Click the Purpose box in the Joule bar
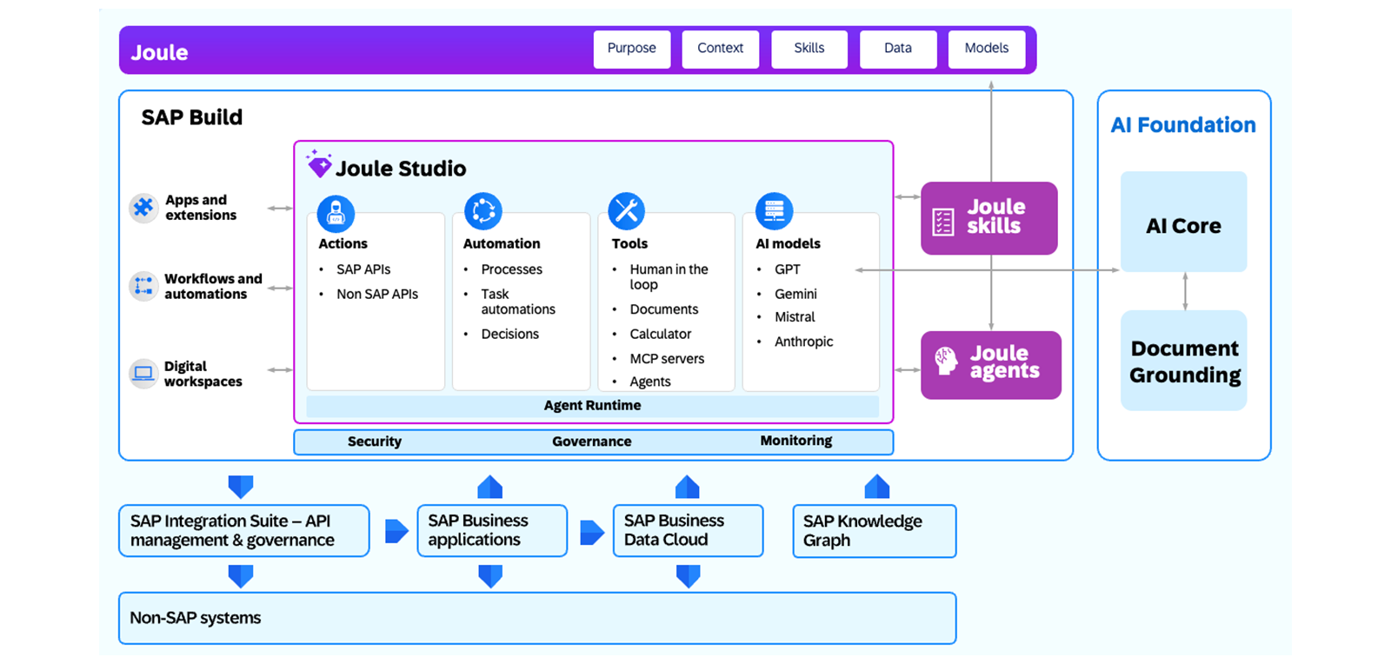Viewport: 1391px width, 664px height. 631,49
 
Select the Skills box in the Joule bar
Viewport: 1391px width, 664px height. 809,49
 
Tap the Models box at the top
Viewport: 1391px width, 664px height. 986,49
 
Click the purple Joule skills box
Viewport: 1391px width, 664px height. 989,218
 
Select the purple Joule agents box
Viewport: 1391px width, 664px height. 991,365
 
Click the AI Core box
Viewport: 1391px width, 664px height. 1183,222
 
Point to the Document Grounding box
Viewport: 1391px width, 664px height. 1183,361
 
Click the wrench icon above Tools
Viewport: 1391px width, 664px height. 626,211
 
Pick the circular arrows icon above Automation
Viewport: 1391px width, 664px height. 483,211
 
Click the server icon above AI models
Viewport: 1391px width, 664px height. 774,211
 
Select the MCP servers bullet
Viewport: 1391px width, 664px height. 666,359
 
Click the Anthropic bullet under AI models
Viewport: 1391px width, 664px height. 803,342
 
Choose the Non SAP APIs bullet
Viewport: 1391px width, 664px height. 377,294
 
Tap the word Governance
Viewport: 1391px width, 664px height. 592,442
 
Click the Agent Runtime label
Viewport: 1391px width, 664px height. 592,405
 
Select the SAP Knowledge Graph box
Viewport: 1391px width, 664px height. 875,531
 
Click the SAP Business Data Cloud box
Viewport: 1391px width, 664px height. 688,530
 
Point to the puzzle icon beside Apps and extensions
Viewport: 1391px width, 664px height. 143,207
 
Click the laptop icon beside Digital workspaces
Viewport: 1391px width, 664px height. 143,374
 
